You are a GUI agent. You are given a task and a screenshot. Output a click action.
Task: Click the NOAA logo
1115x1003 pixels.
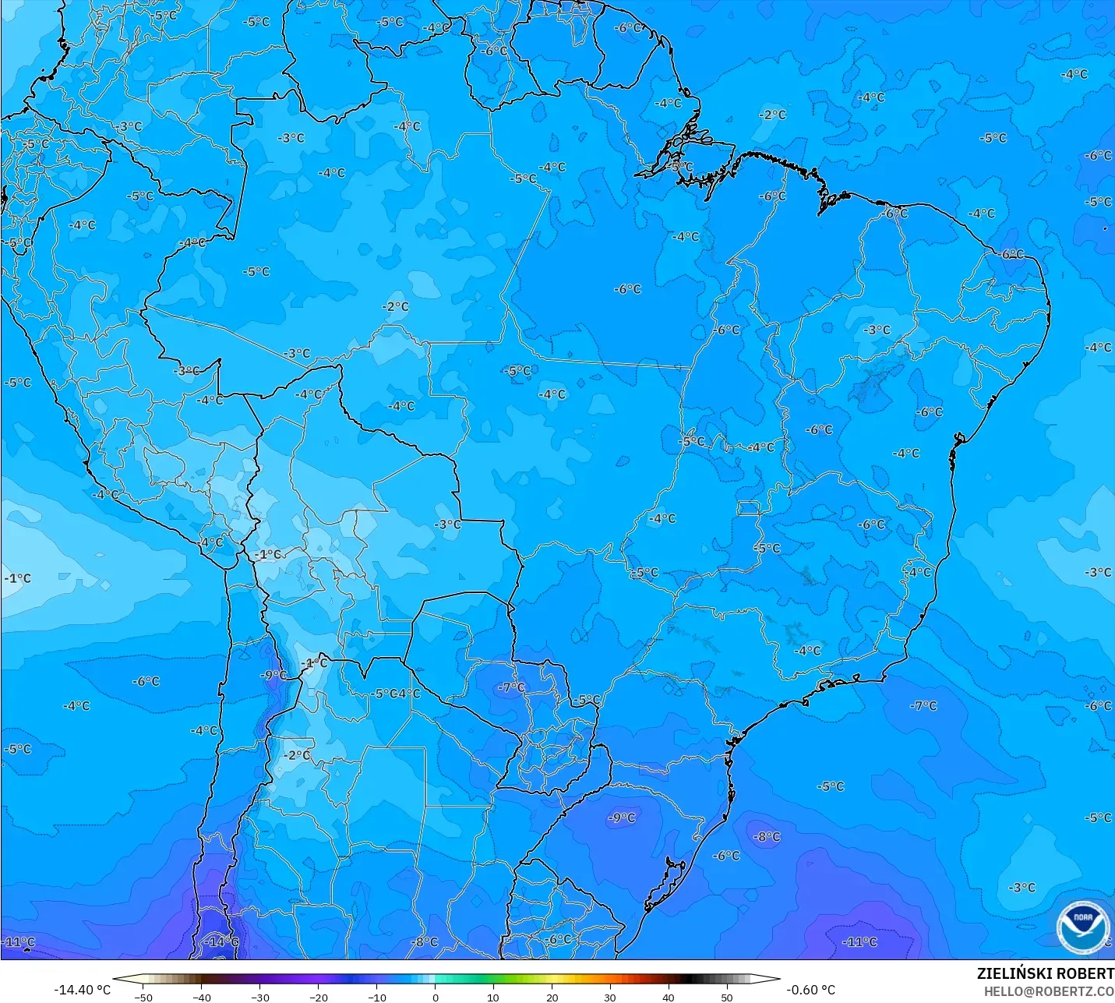[1082, 927]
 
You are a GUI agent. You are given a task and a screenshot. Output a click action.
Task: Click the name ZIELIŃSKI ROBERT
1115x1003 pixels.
[1045, 974]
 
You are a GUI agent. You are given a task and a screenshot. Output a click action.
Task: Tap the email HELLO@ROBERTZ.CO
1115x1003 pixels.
[1048, 991]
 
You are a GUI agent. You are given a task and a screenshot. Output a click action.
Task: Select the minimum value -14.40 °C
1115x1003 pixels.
[82, 990]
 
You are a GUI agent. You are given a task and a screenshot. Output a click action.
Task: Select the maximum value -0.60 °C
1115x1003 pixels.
[810, 990]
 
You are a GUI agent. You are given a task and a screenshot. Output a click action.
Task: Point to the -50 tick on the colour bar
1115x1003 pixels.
[143, 997]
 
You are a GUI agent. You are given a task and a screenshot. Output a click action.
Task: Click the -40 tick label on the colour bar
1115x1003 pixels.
[202, 997]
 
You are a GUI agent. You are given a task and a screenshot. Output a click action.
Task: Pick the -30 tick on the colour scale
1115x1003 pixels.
[260, 997]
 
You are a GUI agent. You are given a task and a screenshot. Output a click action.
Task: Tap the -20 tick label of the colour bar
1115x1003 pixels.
[319, 997]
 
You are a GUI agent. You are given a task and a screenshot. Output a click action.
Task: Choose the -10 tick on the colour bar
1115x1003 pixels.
[377, 997]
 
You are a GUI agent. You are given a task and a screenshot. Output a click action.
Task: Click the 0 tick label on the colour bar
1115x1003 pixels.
[436, 997]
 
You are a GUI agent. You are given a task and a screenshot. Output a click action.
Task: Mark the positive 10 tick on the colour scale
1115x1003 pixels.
[493, 997]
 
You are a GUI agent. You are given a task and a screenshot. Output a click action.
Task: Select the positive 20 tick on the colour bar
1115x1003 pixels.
[552, 997]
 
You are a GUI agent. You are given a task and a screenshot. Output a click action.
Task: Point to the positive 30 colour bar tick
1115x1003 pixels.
[610, 997]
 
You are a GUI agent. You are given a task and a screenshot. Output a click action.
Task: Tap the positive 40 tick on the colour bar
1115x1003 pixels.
[669, 997]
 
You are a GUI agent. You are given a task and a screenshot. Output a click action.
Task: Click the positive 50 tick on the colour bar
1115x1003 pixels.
[727, 997]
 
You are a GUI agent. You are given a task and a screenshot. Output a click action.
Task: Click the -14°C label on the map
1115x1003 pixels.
[221, 941]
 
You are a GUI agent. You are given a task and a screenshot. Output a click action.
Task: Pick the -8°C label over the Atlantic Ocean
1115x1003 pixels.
[767, 836]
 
